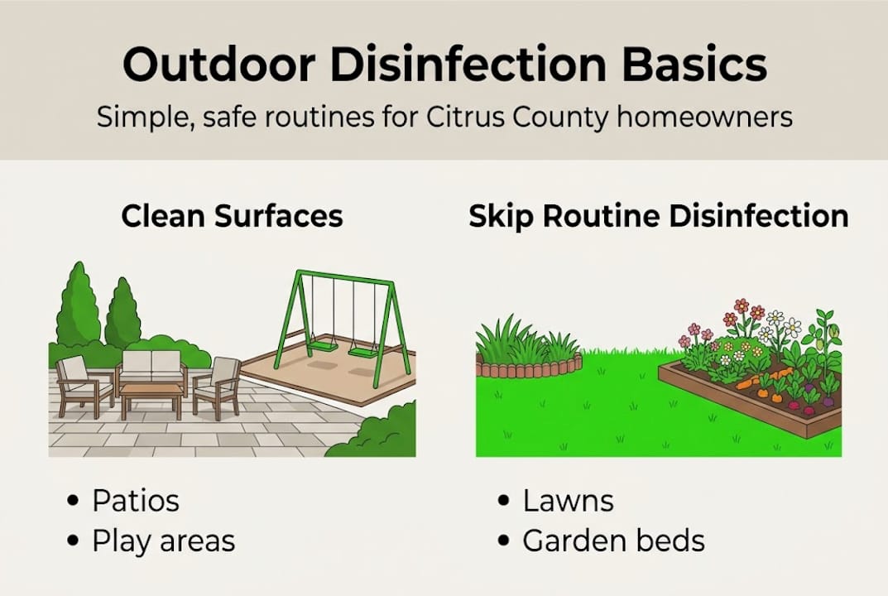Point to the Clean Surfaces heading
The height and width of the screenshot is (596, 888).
[x=232, y=216]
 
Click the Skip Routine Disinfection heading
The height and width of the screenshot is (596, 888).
[x=658, y=216]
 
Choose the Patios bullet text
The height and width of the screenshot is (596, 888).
[x=136, y=501]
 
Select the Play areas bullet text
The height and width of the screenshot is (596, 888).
[x=163, y=541]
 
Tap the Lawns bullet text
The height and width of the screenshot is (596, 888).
[x=568, y=501]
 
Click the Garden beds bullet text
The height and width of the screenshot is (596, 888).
[x=613, y=541]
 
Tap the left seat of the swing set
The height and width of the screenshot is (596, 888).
[x=324, y=344]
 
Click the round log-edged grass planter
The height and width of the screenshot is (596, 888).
[x=529, y=353]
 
